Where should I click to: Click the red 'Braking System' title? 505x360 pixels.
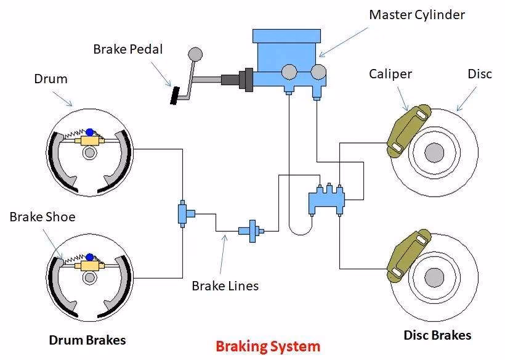tap(268, 346)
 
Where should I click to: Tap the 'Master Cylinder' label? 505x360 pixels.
tap(416, 14)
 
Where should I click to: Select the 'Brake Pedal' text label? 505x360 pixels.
tap(128, 48)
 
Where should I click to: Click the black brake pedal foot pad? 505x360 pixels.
tap(175, 96)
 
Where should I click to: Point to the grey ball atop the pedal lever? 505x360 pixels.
tap(196, 54)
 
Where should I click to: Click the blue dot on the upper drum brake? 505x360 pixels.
tap(90, 131)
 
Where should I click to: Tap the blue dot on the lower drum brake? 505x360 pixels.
tap(90, 256)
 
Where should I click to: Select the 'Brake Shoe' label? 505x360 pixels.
tap(42, 217)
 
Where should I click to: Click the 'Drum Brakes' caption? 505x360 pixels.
tap(88, 340)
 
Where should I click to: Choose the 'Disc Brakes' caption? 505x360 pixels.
tap(437, 335)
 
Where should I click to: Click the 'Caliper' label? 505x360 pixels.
tap(390, 74)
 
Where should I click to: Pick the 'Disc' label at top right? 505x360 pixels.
tap(480, 74)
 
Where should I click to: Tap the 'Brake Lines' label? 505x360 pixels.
tap(225, 285)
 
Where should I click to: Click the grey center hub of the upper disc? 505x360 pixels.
tap(434, 152)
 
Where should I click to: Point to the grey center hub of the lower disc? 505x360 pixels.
tap(434, 276)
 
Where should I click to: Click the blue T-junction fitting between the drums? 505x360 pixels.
tap(184, 213)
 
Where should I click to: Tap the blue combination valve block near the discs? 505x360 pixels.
tap(326, 199)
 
